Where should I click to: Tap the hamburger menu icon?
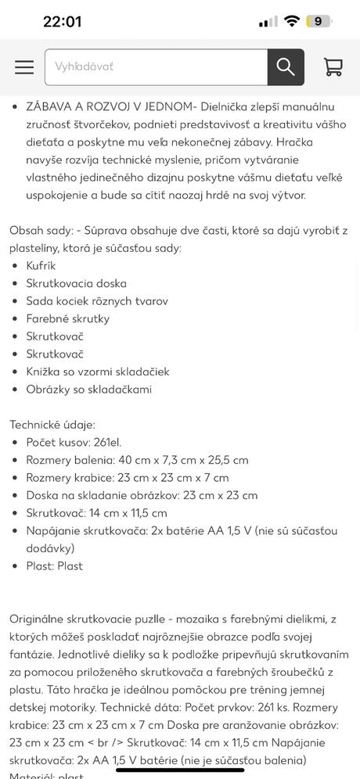click(24, 67)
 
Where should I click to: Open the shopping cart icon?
click(333, 67)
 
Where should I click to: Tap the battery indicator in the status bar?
click(318, 21)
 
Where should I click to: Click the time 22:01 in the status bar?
click(62, 21)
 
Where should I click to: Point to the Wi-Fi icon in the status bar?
click(292, 21)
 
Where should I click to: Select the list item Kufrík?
click(41, 266)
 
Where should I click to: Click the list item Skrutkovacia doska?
click(76, 283)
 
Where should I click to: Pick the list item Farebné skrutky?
click(67, 318)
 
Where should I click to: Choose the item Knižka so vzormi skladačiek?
click(97, 372)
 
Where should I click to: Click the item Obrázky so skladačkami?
click(88, 389)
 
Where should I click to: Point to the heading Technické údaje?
click(52, 425)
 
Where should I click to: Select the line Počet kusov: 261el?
click(74, 442)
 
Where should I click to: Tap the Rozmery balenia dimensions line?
click(137, 460)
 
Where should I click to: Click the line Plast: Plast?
click(54, 565)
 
